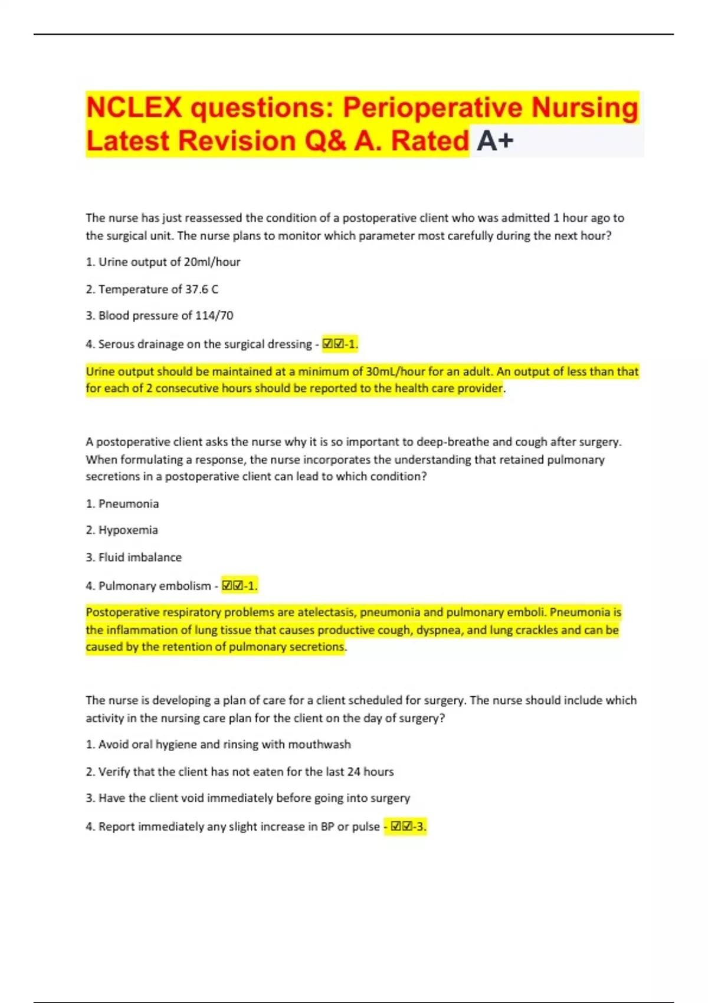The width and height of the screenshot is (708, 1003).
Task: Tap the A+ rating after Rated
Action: (x=495, y=141)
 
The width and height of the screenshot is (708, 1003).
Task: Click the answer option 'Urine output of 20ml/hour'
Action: (x=169, y=262)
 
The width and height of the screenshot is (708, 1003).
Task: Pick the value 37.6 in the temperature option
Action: (x=197, y=289)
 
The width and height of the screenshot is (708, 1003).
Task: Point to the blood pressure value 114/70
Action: (x=214, y=316)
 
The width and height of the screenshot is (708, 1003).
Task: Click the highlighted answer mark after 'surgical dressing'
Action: (x=340, y=344)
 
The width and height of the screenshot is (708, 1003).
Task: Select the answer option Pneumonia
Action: (x=128, y=504)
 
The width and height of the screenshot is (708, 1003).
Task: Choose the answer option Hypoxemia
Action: (x=127, y=530)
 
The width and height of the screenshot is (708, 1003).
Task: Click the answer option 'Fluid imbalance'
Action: (x=140, y=557)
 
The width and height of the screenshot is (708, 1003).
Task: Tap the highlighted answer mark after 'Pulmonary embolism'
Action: (x=239, y=586)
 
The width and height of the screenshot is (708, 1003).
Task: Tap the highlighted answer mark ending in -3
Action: (x=405, y=827)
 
